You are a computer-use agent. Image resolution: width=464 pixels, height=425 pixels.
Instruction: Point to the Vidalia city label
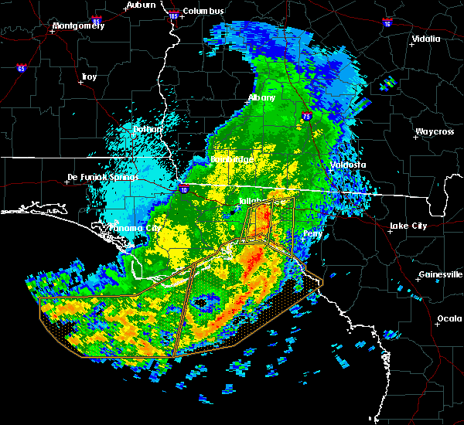(426, 39)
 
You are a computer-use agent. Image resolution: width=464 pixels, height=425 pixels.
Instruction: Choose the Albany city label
(261, 98)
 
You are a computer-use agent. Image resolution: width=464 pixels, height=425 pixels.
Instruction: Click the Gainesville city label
(440, 274)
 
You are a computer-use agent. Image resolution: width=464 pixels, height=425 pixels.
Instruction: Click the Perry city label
(313, 233)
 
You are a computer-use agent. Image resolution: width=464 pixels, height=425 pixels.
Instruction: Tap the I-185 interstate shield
(172, 15)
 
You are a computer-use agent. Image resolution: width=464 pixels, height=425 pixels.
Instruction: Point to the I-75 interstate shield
(309, 115)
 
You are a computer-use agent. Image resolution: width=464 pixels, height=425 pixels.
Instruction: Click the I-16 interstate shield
(386, 23)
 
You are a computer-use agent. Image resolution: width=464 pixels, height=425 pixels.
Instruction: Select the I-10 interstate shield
(184, 189)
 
